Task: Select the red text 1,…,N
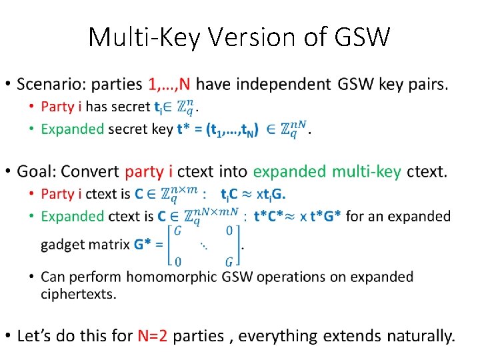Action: [170, 85]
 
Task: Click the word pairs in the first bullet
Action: [428, 85]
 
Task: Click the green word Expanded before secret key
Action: [72, 129]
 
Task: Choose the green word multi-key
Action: [369, 172]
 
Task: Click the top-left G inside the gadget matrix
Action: [177, 231]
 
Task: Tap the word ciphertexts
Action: [77, 293]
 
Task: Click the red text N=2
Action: [153, 335]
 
